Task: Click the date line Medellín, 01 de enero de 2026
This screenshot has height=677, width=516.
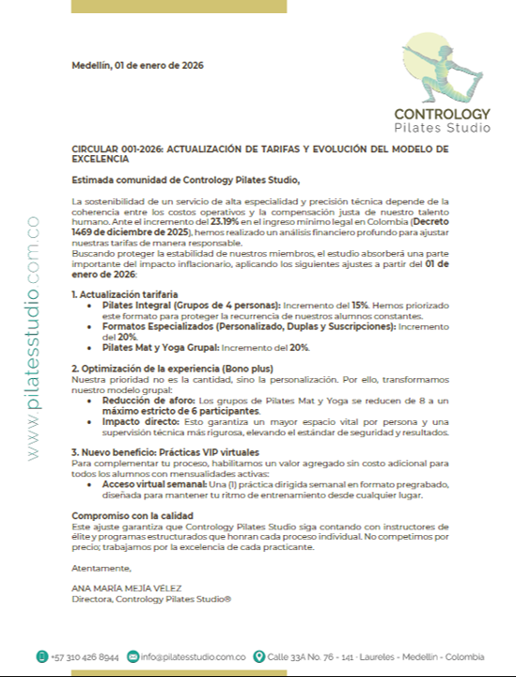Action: (137, 66)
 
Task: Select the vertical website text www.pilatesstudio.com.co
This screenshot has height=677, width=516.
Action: (34, 338)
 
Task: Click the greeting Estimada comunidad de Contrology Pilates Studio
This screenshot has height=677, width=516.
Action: (185, 180)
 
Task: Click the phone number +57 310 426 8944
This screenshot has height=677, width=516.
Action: (86, 656)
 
